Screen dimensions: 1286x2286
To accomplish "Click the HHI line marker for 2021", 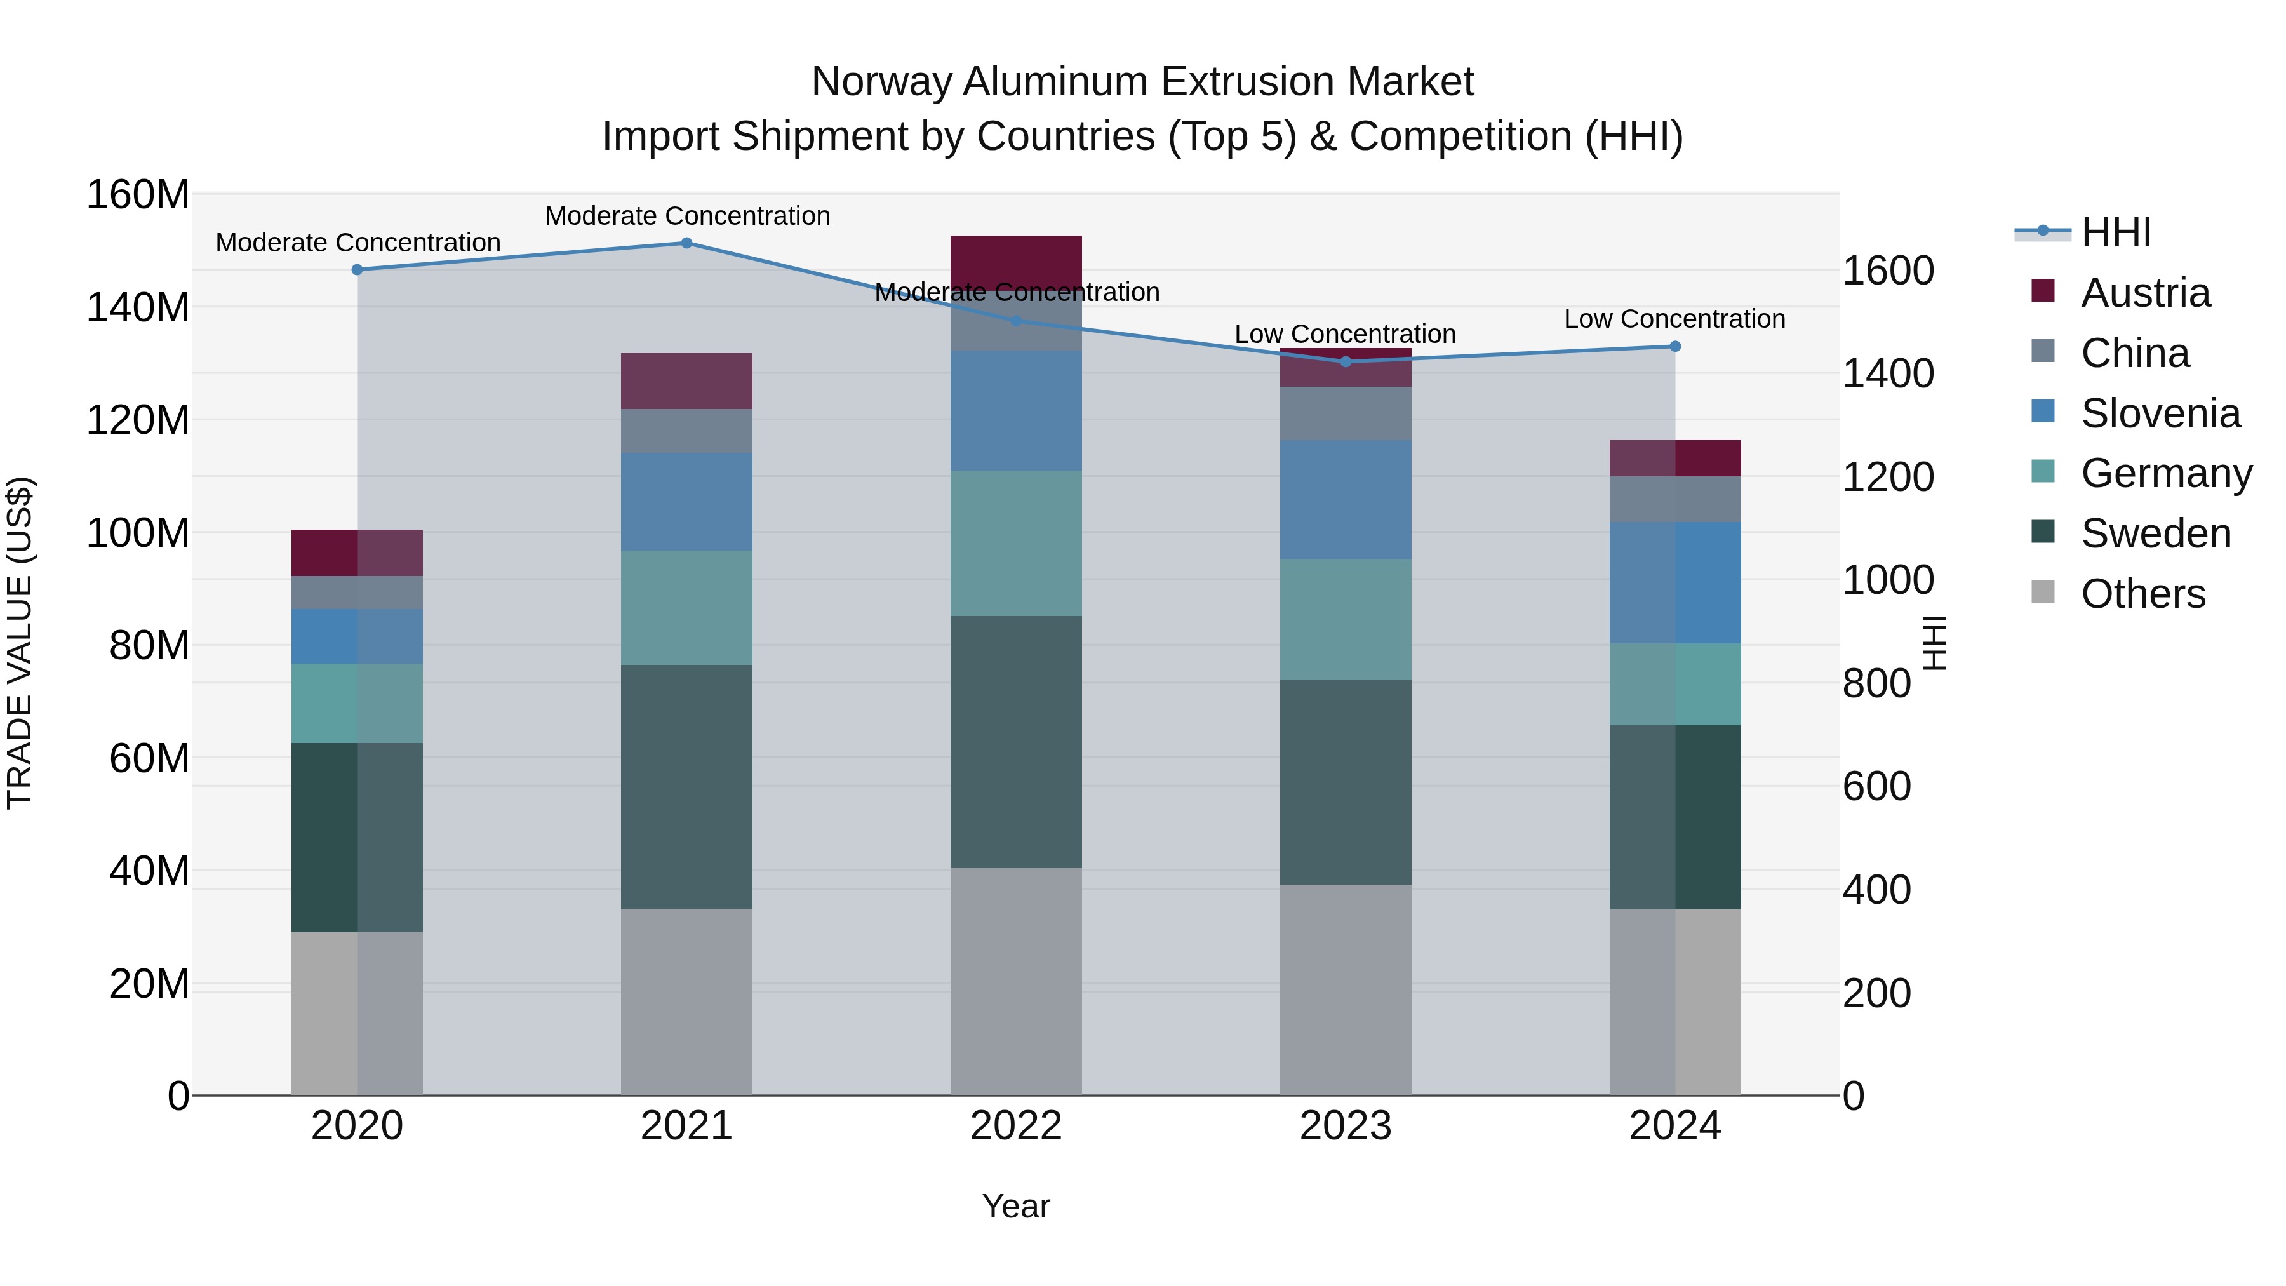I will (686, 243).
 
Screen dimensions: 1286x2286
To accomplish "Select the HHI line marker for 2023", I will (1346, 361).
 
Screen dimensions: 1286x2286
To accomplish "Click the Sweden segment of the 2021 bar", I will (686, 786).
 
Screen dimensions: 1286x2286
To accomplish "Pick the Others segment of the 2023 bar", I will (1346, 989).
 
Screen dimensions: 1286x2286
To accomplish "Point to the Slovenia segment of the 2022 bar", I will (1016, 410).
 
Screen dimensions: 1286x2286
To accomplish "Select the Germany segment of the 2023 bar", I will (1346, 619).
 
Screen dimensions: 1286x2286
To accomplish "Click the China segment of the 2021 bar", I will (686, 431).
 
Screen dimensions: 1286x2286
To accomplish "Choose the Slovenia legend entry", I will (2160, 413).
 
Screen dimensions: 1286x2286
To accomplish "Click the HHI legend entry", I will (2116, 232).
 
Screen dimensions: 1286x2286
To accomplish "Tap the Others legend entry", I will (2142, 594).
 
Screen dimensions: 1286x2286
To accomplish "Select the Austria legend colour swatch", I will (2043, 291).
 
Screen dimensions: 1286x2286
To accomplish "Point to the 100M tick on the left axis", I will (138, 533).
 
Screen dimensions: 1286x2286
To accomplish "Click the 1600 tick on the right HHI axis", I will (1888, 271).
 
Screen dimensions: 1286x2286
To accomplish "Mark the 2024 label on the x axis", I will (1674, 1126).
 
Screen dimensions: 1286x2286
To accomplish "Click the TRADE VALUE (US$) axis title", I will (20, 643).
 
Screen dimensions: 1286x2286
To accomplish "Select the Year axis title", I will (1016, 1206).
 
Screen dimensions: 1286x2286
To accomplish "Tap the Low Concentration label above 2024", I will (1674, 319).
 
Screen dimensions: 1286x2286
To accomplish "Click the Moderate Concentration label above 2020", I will (358, 243).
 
